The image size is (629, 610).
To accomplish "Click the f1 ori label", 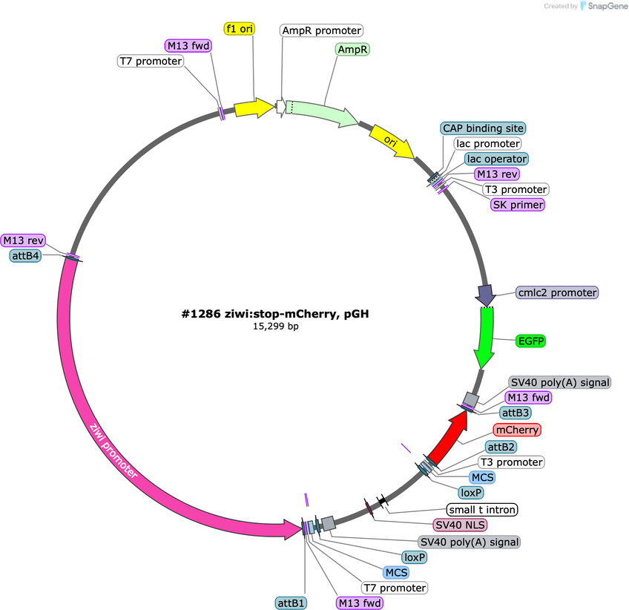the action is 239,28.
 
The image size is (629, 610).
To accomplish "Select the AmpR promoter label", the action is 321,30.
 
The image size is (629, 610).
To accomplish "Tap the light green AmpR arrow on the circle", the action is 322,112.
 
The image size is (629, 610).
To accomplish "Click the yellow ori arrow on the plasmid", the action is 391,141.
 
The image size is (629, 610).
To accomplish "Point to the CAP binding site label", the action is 483,128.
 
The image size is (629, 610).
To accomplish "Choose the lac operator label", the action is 497,159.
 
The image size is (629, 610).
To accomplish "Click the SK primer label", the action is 518,205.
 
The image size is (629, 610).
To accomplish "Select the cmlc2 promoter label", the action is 557,292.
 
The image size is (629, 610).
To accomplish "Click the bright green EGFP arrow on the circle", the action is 485,337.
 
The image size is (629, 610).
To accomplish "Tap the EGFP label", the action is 531,341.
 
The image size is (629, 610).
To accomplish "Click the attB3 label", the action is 516,413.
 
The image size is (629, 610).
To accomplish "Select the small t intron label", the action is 482,510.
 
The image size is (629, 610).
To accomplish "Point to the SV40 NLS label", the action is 460,525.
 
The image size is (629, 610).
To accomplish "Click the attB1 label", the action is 292,603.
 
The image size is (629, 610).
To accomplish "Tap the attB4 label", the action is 25,255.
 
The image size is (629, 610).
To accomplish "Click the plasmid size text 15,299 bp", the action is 275,327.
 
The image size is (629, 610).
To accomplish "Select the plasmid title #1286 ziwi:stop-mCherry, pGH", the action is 275,313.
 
